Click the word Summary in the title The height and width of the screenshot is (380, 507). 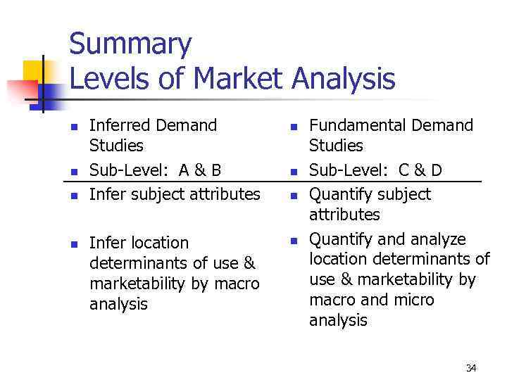tap(130, 44)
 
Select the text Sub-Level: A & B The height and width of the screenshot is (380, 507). tap(155, 170)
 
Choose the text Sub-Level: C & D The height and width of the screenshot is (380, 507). tap(376, 170)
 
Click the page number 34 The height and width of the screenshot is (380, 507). tap(471, 368)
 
